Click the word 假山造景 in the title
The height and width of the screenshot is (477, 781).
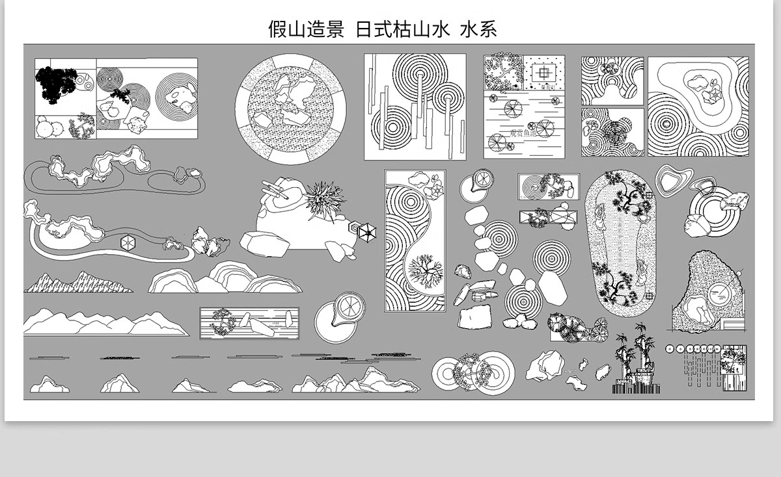[306, 29]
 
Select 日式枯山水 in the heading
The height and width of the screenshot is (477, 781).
[402, 29]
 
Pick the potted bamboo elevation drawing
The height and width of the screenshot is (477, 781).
[637, 364]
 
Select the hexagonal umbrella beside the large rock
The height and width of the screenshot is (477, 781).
[367, 232]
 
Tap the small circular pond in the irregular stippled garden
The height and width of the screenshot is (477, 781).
[720, 293]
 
